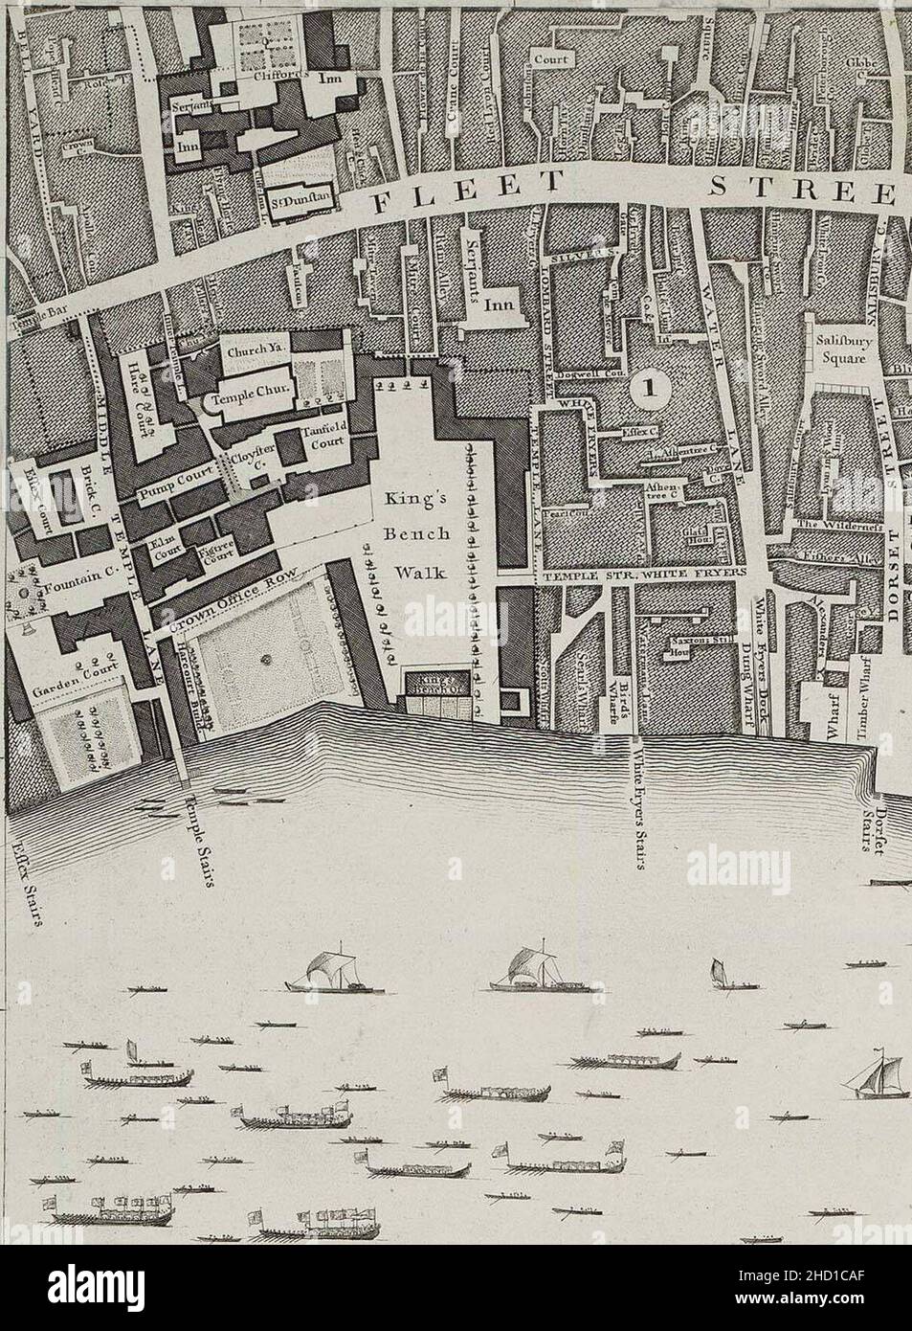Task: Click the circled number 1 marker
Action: coord(651,387)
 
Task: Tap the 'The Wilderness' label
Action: coord(825,524)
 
